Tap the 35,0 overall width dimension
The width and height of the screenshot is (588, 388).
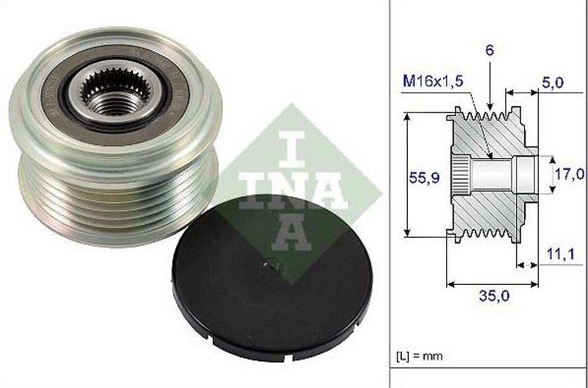493,296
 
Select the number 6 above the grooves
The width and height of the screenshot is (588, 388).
490,51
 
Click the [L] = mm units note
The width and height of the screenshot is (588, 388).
419,356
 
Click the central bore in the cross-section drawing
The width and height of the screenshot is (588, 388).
492,174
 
